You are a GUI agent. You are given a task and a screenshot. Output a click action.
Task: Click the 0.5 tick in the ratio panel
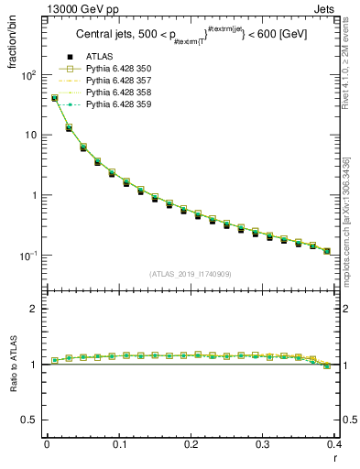click(x=31, y=420)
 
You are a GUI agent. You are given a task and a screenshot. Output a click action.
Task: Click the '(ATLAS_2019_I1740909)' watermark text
click(x=191, y=274)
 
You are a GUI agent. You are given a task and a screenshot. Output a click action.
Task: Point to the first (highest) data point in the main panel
click(x=55, y=98)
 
